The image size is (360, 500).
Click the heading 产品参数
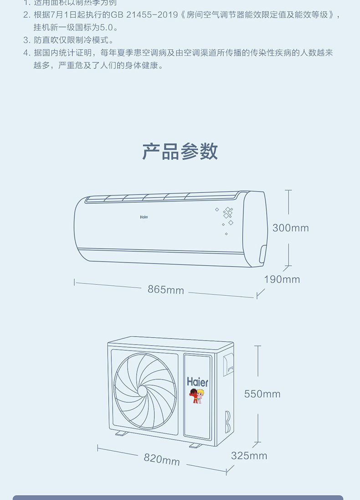click(x=180, y=151)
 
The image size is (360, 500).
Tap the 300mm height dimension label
click(x=290, y=228)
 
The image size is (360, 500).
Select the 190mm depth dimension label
click(x=282, y=279)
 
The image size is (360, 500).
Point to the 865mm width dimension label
click(x=165, y=289)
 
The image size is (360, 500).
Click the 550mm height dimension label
click(x=262, y=394)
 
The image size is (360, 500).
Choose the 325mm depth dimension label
click(x=249, y=455)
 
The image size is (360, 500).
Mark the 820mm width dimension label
click(x=162, y=459)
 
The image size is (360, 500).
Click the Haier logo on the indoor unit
click(x=144, y=217)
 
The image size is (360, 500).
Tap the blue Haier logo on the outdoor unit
click(x=197, y=382)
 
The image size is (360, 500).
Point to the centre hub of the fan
click(x=142, y=392)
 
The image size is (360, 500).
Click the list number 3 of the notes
click(x=26, y=40)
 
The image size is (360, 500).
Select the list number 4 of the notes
click(x=26, y=53)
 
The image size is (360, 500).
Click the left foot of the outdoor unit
click(x=121, y=433)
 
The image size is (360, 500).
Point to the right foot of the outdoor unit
click(x=195, y=445)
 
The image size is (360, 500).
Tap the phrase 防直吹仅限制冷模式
click(x=73, y=40)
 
